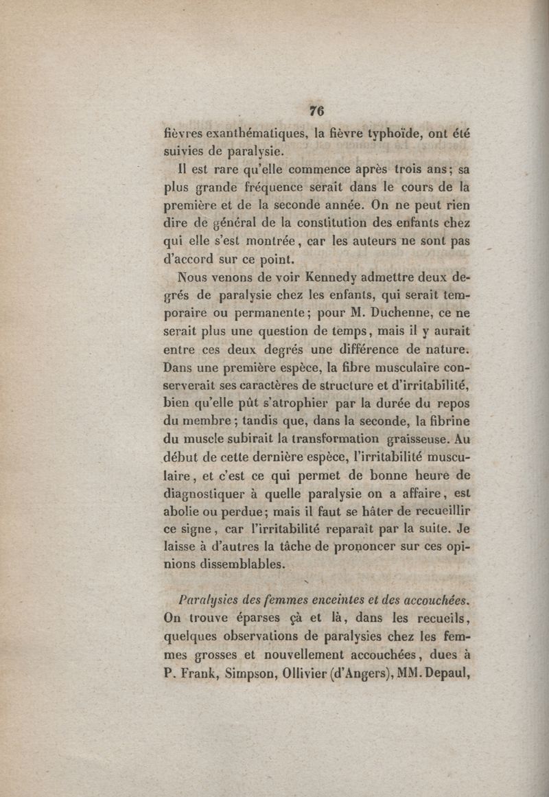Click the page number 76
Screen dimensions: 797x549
pos(316,111)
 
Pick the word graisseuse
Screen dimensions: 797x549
pos(426,439)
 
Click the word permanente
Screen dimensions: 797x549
pos(255,315)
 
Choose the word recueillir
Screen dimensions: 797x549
pos(434,511)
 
